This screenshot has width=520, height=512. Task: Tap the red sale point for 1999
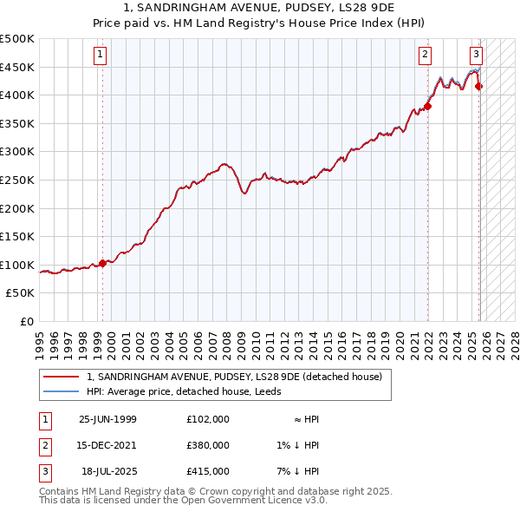(102, 263)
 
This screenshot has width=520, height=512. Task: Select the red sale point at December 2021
(428, 107)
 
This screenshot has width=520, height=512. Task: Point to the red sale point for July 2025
(479, 86)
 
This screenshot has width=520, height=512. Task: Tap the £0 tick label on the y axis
(27, 321)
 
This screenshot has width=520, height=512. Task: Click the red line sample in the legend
(62, 377)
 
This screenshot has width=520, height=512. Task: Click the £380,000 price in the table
(207, 445)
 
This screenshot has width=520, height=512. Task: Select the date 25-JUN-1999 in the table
(107, 419)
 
